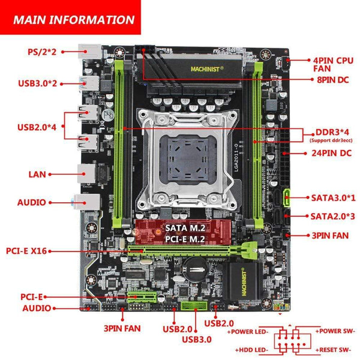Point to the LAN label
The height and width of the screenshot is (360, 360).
coord(37,174)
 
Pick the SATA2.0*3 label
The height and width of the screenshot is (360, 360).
coord(331,215)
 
